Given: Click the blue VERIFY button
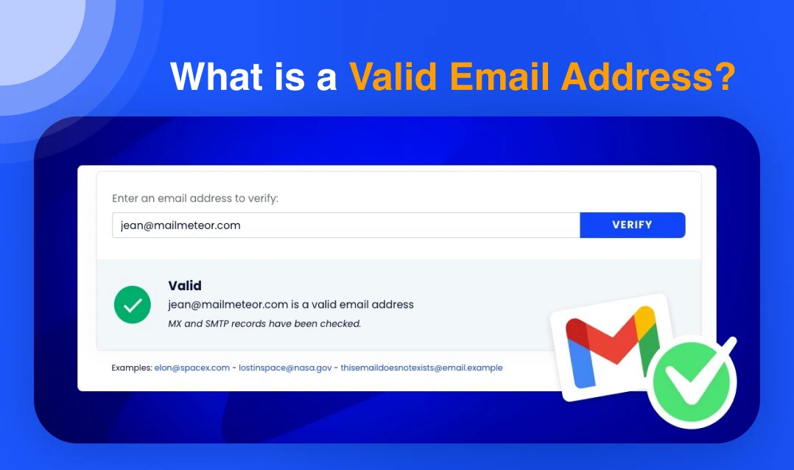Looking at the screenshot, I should [x=632, y=225].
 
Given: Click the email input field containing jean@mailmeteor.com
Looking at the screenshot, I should [x=345, y=225].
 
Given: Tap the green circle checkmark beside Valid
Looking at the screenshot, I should [x=133, y=304].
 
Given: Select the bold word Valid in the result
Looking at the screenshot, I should [x=185, y=286].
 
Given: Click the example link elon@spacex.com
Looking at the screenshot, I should [x=192, y=368].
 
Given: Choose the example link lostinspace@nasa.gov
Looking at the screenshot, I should [x=284, y=368].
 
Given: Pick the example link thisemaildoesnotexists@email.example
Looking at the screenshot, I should [x=421, y=368].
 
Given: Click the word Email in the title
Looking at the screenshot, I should [x=499, y=77].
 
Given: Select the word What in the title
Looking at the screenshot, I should [x=214, y=77].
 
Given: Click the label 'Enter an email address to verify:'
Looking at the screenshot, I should [x=195, y=198].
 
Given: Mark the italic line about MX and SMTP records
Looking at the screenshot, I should [x=264, y=323].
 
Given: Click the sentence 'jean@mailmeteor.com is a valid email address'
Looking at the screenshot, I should [x=291, y=304].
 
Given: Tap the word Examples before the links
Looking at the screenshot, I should [x=131, y=368].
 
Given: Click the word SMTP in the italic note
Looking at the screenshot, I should [x=222, y=323].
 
